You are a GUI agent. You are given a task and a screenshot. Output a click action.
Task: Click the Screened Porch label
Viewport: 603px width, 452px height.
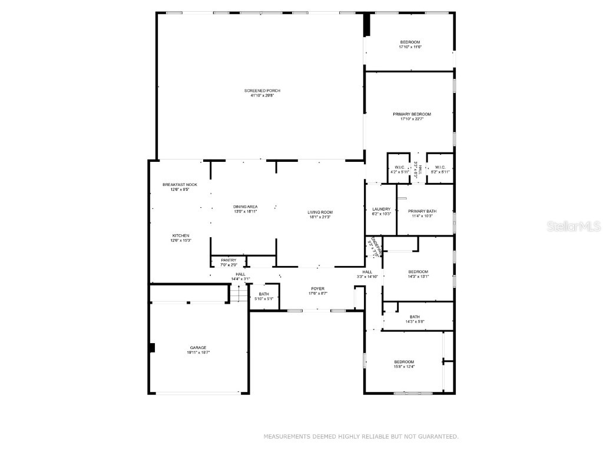(x=262, y=90)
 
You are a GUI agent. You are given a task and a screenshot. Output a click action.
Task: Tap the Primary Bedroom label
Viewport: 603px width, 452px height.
(x=412, y=114)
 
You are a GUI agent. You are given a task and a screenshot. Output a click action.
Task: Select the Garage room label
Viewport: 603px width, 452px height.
(x=198, y=347)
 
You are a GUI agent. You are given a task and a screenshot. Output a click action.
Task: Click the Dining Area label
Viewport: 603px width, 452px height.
(x=245, y=207)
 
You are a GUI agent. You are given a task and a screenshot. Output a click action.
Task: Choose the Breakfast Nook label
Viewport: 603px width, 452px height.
(x=180, y=185)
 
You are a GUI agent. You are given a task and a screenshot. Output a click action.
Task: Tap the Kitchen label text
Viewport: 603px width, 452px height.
(x=181, y=235)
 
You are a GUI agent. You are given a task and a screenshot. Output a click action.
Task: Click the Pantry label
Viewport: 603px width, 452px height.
(x=228, y=260)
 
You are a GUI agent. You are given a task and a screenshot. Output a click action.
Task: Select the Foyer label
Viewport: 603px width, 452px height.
(x=318, y=288)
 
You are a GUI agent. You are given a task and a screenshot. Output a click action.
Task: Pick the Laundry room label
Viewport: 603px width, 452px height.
(x=381, y=209)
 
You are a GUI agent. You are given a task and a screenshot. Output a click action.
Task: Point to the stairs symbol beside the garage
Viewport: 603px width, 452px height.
(x=237, y=293)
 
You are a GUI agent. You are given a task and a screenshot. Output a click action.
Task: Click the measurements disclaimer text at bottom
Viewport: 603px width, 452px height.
(x=360, y=436)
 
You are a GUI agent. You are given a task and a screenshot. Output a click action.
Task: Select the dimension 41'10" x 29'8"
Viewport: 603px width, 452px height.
(x=262, y=95)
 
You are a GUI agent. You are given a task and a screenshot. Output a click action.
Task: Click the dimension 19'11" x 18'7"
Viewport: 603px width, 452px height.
(x=198, y=352)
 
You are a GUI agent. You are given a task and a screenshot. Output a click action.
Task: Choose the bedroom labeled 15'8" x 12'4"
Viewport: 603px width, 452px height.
(x=404, y=364)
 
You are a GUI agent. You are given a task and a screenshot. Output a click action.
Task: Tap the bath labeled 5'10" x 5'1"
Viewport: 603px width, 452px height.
(x=264, y=296)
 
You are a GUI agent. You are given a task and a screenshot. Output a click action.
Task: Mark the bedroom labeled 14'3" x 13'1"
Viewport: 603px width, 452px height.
(x=418, y=274)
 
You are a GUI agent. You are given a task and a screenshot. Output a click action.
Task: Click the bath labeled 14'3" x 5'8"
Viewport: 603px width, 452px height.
(x=415, y=319)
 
